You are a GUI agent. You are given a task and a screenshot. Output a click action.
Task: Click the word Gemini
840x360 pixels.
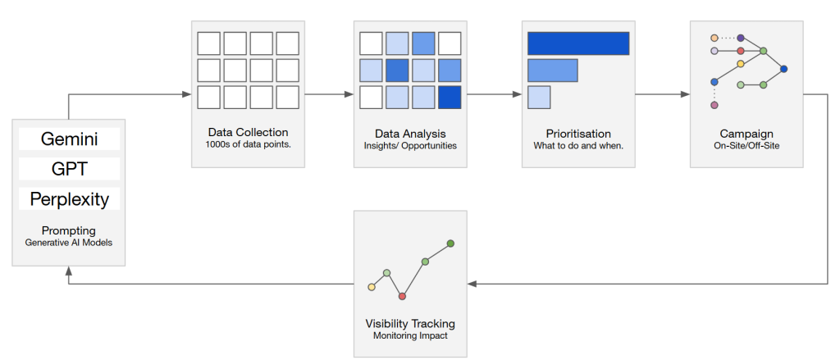coord(69,139)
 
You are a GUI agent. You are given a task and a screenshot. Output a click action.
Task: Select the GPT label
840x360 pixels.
coord(69,169)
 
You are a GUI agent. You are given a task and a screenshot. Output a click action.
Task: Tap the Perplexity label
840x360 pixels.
coord(69,198)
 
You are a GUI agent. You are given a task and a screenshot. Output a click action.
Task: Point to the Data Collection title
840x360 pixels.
coord(248,133)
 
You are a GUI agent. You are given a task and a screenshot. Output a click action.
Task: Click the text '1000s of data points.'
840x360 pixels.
coord(248,145)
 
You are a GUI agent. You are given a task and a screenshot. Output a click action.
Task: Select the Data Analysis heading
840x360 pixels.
coord(410,133)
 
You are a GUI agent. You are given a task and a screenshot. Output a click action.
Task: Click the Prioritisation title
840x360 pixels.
coord(578,133)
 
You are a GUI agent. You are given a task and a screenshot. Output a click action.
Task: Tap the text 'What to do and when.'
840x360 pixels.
coord(578,145)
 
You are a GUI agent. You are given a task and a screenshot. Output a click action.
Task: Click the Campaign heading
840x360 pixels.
coord(746,133)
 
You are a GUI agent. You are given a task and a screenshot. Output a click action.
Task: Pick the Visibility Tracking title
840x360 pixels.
coord(410,323)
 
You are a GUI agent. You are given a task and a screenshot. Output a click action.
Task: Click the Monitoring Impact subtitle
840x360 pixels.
coord(410,335)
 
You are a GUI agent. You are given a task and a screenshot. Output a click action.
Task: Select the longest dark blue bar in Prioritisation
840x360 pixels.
coord(578,43)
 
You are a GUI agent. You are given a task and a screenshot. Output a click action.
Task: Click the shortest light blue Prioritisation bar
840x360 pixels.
coord(539,97)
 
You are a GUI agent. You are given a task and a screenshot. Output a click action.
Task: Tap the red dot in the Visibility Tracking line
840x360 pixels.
coord(402,296)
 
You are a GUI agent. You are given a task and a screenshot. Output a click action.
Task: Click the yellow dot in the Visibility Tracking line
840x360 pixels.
coord(372,287)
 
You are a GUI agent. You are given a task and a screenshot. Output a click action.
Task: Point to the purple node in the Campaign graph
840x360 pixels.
coord(741,38)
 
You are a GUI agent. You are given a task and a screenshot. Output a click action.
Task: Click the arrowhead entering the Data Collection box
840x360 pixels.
coord(187,94)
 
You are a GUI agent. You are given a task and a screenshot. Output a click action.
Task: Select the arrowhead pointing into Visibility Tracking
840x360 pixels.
coord(472,284)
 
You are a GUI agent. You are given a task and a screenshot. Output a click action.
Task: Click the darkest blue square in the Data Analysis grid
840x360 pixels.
coord(450,97)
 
